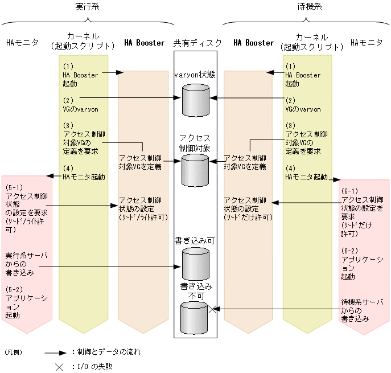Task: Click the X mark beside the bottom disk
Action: (213, 309)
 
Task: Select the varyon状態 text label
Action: (195, 75)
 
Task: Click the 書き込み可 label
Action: (195, 240)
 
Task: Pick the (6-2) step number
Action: (350, 251)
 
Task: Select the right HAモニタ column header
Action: (367, 43)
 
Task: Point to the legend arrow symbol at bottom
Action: (54, 352)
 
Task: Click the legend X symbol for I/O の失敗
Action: (59, 367)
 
